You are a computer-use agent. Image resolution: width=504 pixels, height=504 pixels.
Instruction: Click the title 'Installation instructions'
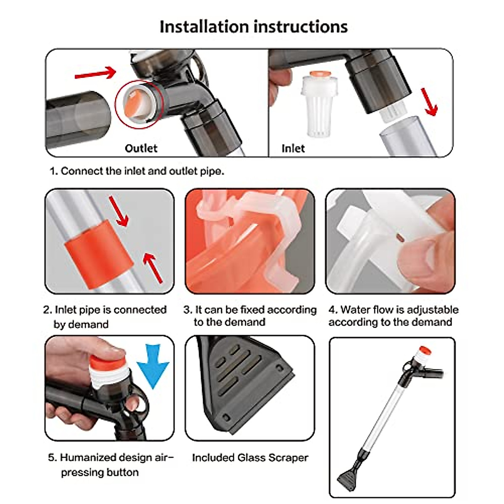253,26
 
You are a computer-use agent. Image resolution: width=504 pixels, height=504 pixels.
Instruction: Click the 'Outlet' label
141,148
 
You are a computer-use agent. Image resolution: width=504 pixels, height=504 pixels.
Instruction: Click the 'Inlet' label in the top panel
293,148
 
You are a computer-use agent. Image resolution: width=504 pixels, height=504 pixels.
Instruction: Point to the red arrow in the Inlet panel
429,102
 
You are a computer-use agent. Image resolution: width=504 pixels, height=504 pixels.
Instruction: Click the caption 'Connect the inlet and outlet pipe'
137,171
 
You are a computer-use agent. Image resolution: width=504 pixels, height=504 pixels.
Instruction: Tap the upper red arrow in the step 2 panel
119,211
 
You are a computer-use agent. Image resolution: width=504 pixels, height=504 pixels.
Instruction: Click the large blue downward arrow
153,365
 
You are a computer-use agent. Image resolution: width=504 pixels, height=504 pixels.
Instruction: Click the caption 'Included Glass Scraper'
250,457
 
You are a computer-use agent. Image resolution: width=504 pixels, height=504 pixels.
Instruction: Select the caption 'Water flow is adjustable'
393,310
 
